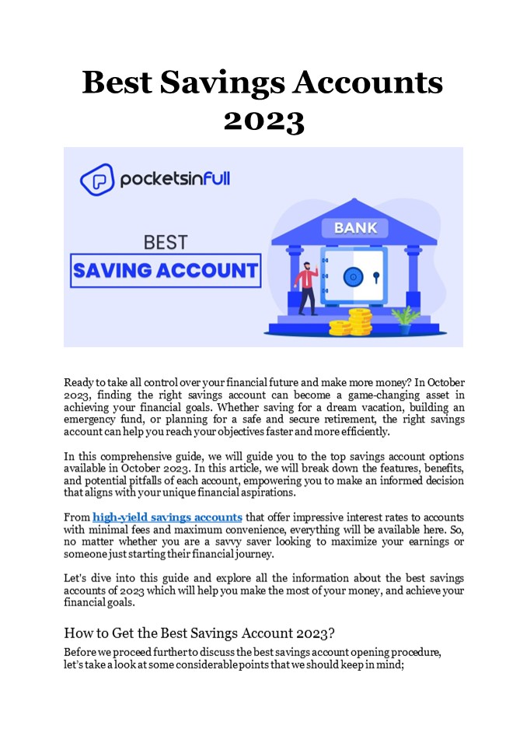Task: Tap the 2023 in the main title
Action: pyautogui.click(x=263, y=121)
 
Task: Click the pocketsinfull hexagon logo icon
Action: pyautogui.click(x=96, y=180)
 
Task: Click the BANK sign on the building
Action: pyautogui.click(x=355, y=228)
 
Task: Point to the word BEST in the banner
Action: pyautogui.click(x=165, y=242)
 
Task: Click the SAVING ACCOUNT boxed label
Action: pyautogui.click(x=165, y=271)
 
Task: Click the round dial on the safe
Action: pyautogui.click(x=354, y=275)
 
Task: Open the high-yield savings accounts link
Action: pyautogui.click(x=167, y=517)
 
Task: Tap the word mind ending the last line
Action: pyautogui.click(x=390, y=663)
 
